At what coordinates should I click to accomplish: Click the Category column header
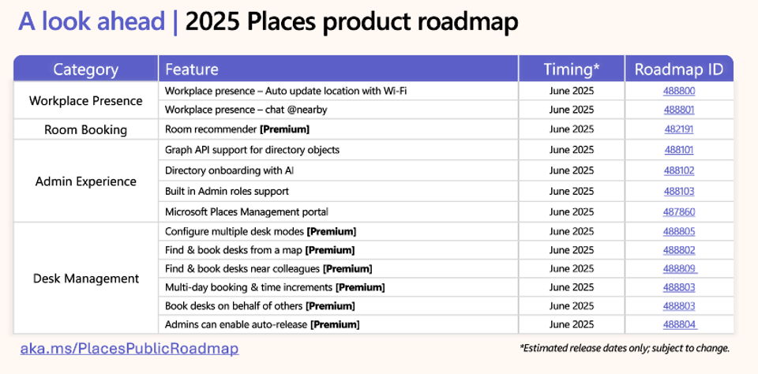pyautogui.click(x=85, y=69)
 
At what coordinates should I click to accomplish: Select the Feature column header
pyautogui.click(x=191, y=69)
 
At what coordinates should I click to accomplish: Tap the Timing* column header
pyautogui.click(x=572, y=69)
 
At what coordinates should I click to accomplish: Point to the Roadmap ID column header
pyautogui.click(x=679, y=69)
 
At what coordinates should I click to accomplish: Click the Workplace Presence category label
pyautogui.click(x=85, y=101)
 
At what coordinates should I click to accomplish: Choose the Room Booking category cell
pyautogui.click(x=85, y=130)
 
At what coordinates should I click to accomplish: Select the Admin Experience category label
pyautogui.click(x=85, y=181)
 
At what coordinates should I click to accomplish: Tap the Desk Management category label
pyautogui.click(x=85, y=279)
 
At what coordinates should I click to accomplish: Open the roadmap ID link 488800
pyautogui.click(x=679, y=91)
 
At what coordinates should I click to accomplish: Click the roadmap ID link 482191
pyautogui.click(x=679, y=129)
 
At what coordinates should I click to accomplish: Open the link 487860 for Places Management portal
pyautogui.click(x=679, y=211)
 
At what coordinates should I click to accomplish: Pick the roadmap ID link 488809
pyautogui.click(x=680, y=268)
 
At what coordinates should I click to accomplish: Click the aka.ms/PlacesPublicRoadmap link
pyautogui.click(x=129, y=349)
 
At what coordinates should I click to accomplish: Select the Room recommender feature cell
pyautogui.click(x=237, y=129)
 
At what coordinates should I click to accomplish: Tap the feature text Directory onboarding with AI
pyautogui.click(x=229, y=170)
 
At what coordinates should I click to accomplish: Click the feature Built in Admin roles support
pyautogui.click(x=227, y=192)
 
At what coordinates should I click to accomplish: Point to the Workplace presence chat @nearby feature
pyautogui.click(x=246, y=110)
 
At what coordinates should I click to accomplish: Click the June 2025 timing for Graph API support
pyautogui.click(x=572, y=150)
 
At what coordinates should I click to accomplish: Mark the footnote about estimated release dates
pyautogui.click(x=625, y=348)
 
